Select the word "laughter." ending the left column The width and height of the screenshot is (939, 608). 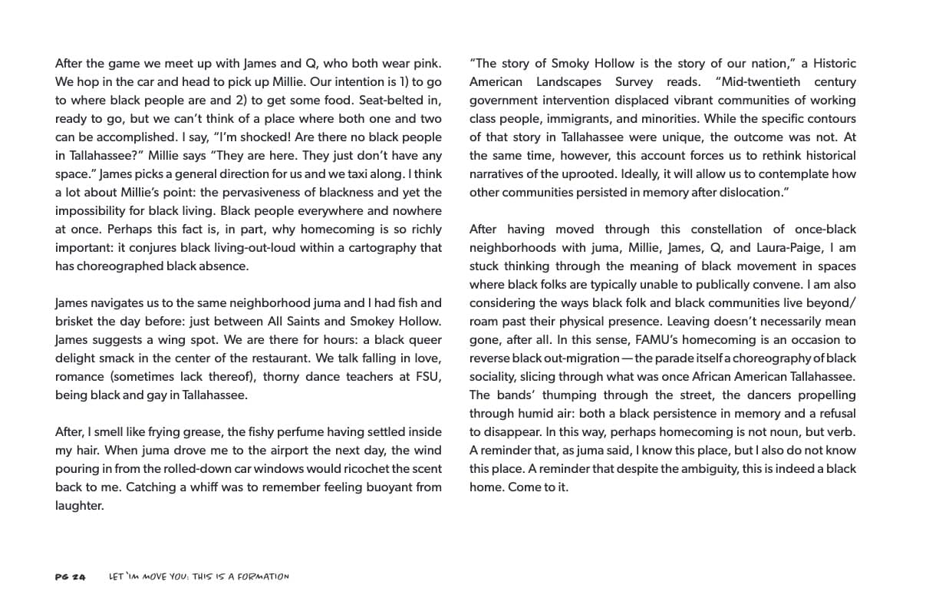coord(79,505)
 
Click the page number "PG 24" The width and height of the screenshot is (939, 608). coord(71,577)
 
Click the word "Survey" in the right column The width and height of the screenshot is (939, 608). coord(634,81)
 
